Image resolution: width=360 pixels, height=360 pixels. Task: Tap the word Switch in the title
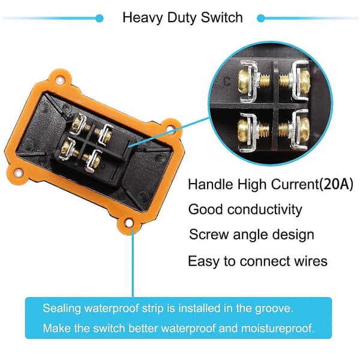click(221, 17)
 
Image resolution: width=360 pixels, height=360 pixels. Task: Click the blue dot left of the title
click(100, 18)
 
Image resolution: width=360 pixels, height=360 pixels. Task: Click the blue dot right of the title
click(261, 18)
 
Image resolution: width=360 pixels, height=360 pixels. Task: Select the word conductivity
click(265, 209)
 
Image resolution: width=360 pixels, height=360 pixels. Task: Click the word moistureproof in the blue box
click(277, 328)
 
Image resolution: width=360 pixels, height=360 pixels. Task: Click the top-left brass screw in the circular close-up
click(245, 81)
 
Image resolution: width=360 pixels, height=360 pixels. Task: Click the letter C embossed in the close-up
click(227, 81)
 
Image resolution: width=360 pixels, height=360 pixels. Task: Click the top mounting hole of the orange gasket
click(60, 80)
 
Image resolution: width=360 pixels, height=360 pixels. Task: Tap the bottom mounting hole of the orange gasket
click(129, 223)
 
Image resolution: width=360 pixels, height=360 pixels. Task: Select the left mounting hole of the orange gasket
click(19, 173)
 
